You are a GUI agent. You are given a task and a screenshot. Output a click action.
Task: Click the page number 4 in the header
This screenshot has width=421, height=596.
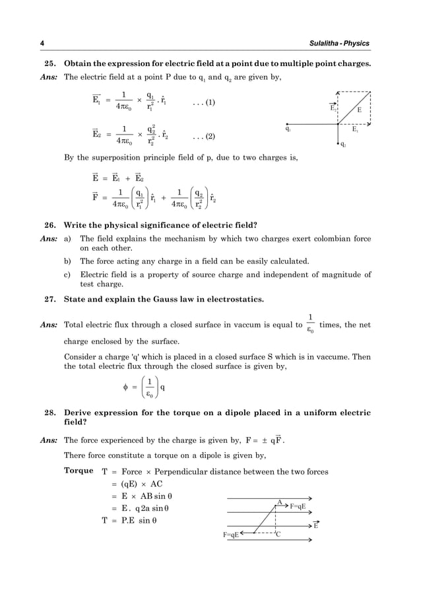42,44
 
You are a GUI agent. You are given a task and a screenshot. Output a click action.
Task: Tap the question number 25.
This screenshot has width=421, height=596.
49,64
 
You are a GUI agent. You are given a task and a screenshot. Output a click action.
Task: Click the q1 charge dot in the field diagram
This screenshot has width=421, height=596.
287,123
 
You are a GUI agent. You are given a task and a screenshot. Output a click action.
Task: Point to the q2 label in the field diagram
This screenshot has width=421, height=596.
343,145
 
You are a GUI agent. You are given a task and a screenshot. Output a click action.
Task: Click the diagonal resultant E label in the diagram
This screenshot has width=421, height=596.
360,111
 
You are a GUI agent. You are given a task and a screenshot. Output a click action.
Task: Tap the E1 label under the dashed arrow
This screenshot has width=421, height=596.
355,130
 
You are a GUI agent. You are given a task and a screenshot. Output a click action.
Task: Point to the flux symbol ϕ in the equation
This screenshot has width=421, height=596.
125,387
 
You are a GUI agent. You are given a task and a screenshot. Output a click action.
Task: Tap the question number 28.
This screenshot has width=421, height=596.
49,413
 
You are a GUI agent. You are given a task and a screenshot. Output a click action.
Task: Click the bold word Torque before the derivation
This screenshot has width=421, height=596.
79,471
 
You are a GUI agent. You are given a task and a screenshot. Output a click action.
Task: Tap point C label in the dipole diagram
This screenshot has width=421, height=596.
278,534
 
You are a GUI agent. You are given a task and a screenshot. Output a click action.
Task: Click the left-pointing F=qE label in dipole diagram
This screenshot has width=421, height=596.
231,534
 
